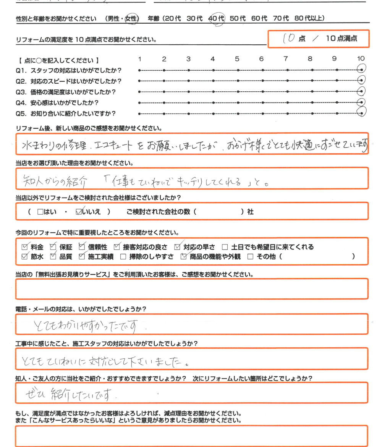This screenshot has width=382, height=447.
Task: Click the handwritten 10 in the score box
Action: click(289, 38)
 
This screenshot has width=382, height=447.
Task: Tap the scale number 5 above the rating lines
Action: click(237, 59)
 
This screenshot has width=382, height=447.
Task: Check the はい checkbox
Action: click(40, 212)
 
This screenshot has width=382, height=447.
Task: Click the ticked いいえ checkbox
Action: click(79, 212)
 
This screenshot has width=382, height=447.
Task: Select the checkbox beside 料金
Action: click(25, 247)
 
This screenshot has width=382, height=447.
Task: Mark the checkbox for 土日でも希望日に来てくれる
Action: click(225, 247)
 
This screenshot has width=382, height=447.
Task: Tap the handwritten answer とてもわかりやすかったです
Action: click(90, 326)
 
